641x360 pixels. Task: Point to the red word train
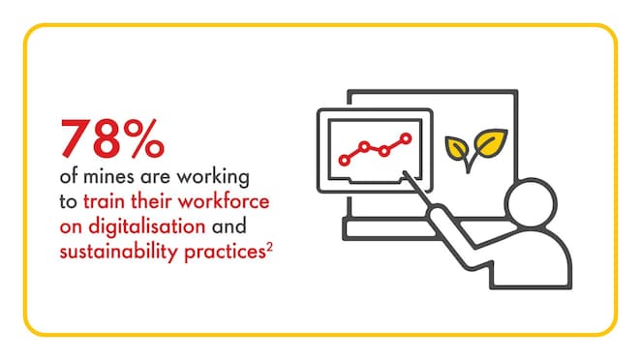(104, 202)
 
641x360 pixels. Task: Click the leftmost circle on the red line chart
(342, 157)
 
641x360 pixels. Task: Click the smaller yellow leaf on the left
(454, 148)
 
